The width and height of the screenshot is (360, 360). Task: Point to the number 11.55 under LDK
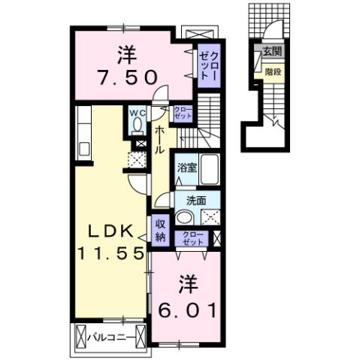[109, 253]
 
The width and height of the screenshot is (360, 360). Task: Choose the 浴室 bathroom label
[187, 168]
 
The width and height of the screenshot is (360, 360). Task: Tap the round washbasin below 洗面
[184, 217]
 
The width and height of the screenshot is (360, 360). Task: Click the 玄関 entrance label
[272, 52]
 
